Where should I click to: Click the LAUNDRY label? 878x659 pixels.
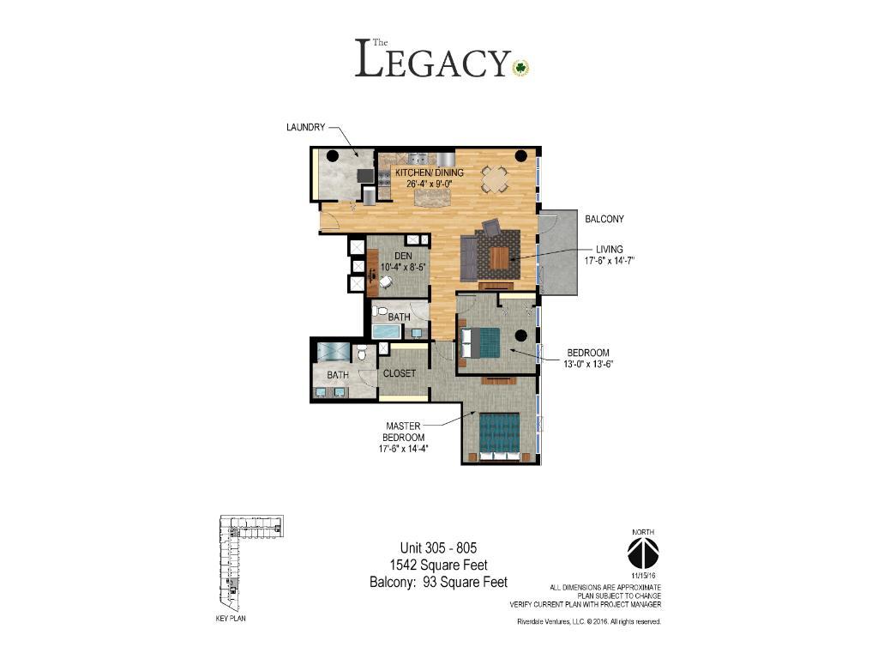click(306, 127)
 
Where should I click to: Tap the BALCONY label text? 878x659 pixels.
click(604, 219)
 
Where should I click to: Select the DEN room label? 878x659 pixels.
click(403, 256)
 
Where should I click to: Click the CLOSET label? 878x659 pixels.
click(400, 373)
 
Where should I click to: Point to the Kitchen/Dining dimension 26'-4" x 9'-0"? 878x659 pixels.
click(429, 184)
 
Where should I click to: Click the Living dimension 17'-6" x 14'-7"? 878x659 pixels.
click(610, 261)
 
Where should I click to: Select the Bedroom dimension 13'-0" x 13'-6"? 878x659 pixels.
click(588, 364)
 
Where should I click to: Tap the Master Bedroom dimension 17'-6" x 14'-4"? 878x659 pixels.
click(404, 448)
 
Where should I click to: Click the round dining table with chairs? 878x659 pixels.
click(496, 179)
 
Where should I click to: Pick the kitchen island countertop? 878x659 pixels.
click(432, 197)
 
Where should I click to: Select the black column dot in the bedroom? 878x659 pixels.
click(520, 336)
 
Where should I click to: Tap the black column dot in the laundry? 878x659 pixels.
click(333, 156)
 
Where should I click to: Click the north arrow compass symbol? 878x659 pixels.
click(643, 553)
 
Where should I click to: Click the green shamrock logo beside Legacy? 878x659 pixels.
click(520, 68)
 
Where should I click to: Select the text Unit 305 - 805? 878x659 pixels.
click(438, 547)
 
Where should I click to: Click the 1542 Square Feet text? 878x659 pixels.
click(438, 565)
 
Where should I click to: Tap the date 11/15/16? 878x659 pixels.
click(643, 576)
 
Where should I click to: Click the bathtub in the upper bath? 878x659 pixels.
click(387, 331)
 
